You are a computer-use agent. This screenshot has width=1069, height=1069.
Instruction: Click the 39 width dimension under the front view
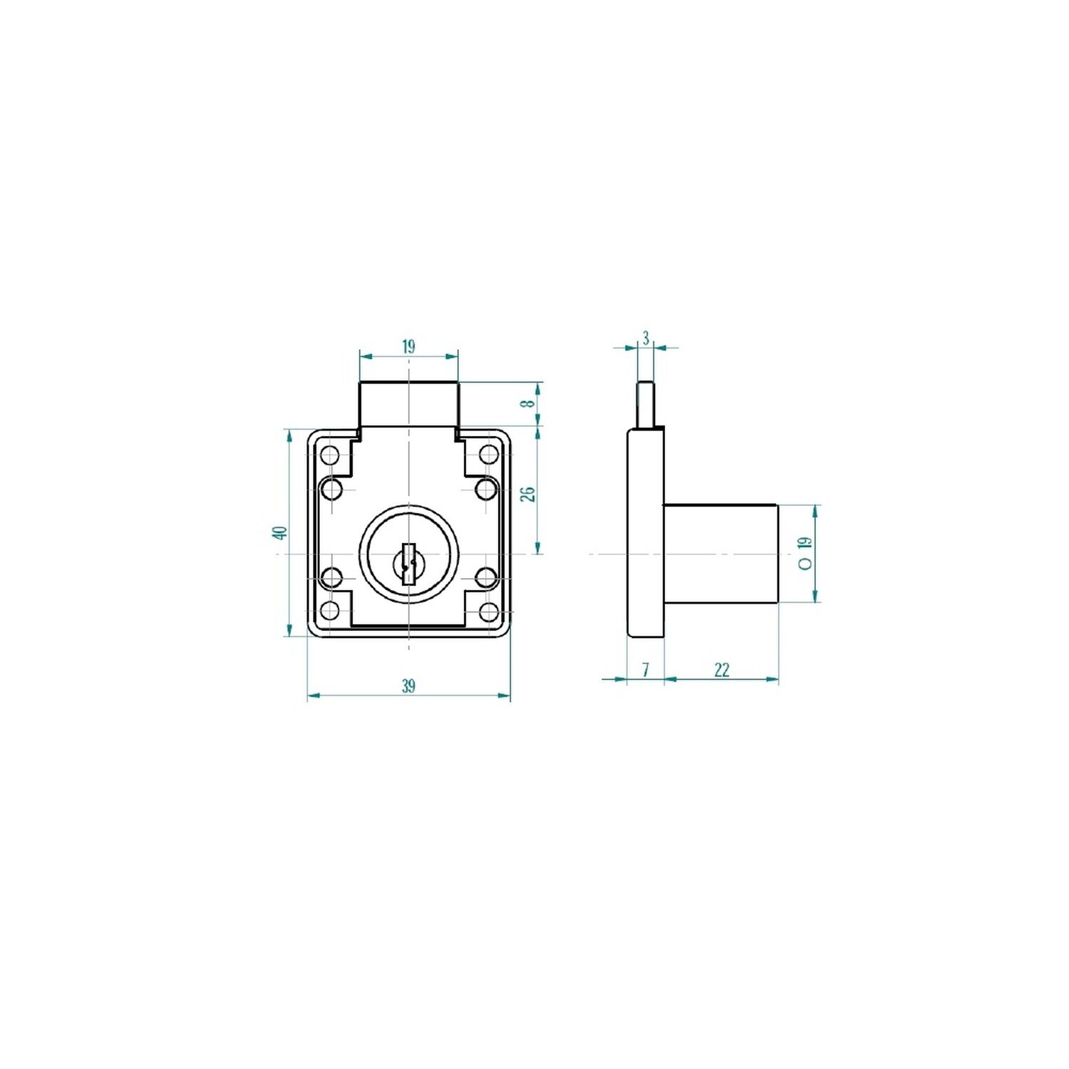(408, 686)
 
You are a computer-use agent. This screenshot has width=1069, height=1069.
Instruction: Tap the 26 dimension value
(528, 494)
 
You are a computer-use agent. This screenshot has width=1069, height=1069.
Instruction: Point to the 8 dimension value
(528, 403)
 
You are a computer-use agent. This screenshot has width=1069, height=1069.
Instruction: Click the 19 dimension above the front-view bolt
(408, 347)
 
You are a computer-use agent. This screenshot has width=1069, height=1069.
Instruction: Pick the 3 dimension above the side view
(646, 338)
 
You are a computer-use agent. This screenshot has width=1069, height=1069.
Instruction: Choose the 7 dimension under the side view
(646, 670)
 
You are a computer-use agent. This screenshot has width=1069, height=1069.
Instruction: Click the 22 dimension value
(721, 670)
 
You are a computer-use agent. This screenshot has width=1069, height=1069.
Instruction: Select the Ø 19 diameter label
(805, 553)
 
